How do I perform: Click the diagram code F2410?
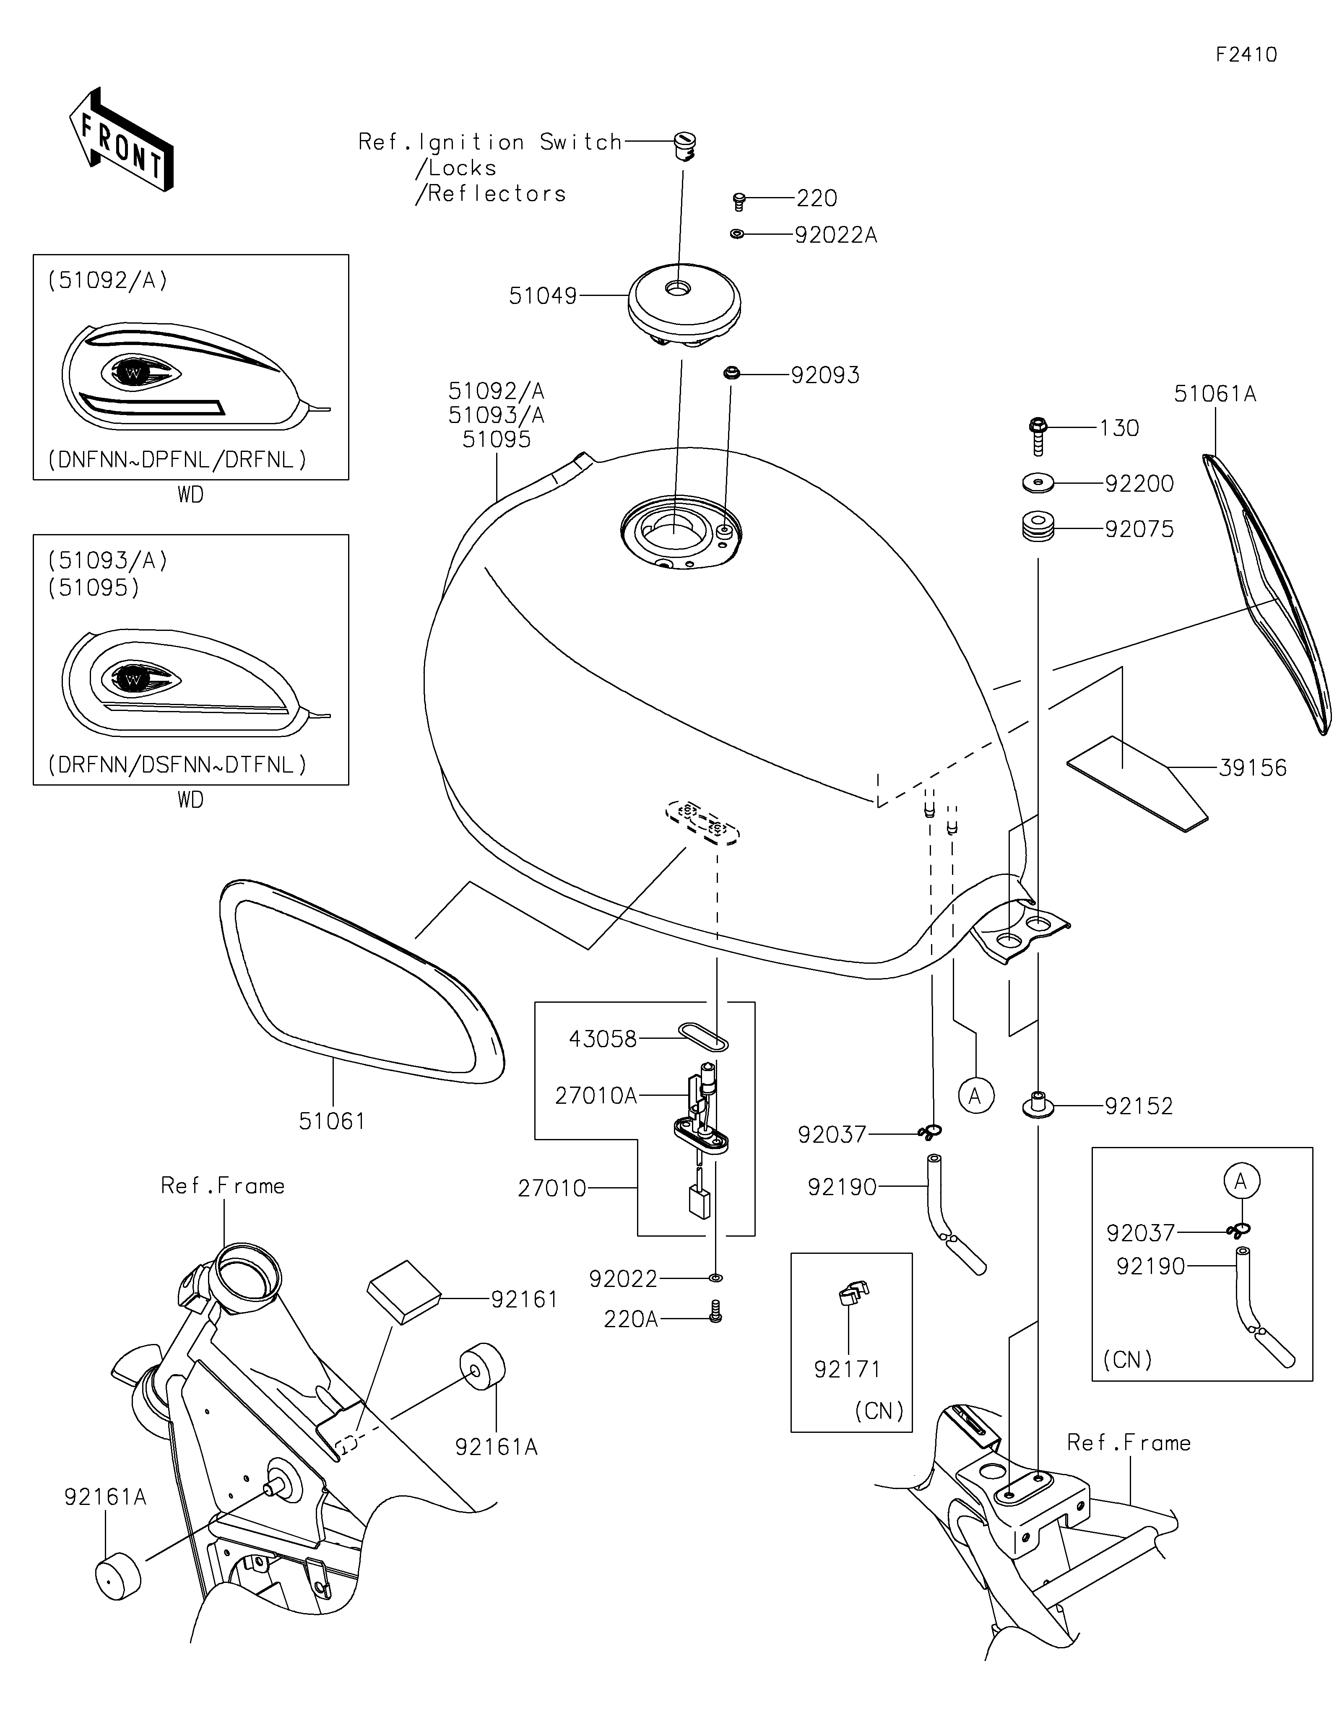[1246, 55]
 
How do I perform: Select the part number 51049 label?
[543, 296]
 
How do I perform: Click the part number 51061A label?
[1215, 394]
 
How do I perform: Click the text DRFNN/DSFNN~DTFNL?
[177, 765]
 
